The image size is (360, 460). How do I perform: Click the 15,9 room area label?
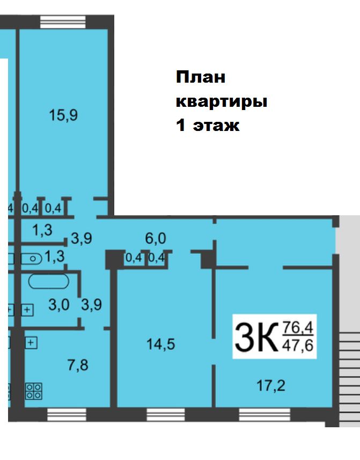pyautogui.click(x=63, y=115)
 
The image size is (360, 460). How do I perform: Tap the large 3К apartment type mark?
pyautogui.click(x=255, y=337)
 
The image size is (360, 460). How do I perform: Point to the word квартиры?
pyautogui.click(x=222, y=101)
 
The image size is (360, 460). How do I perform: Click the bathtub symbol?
pyautogui.click(x=48, y=281)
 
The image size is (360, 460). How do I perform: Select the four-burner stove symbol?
pyautogui.click(x=34, y=391)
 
